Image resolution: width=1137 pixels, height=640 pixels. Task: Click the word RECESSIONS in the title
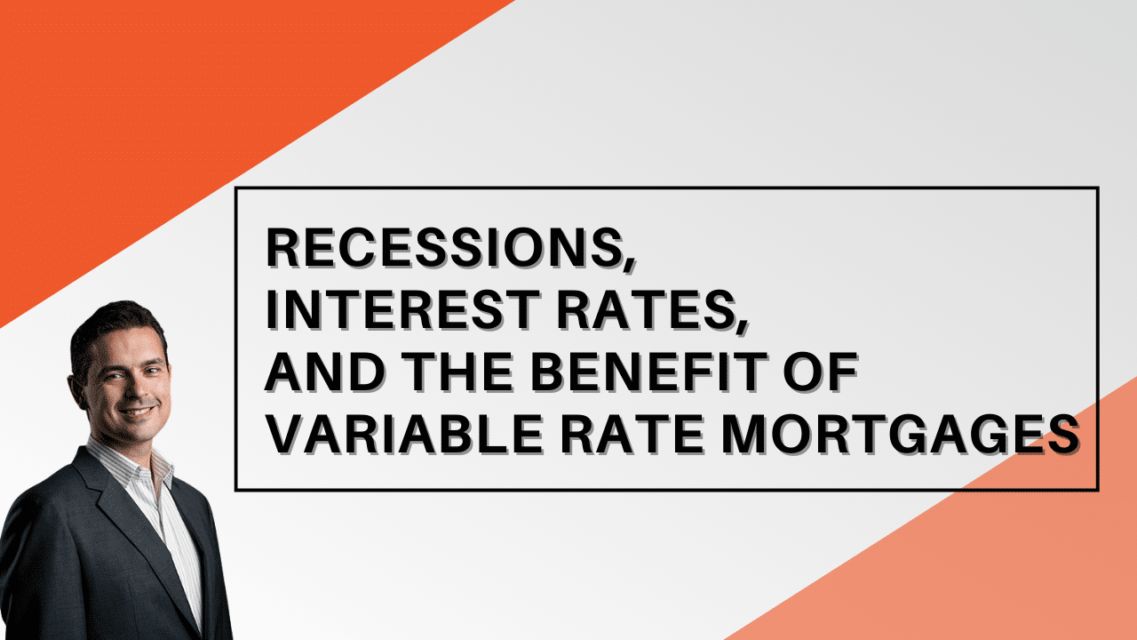443,248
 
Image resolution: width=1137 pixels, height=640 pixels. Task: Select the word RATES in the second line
645,310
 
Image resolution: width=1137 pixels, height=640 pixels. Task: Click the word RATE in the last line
633,435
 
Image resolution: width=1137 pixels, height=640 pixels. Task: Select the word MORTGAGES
901,435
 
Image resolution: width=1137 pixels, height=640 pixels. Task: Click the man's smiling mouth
137,411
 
